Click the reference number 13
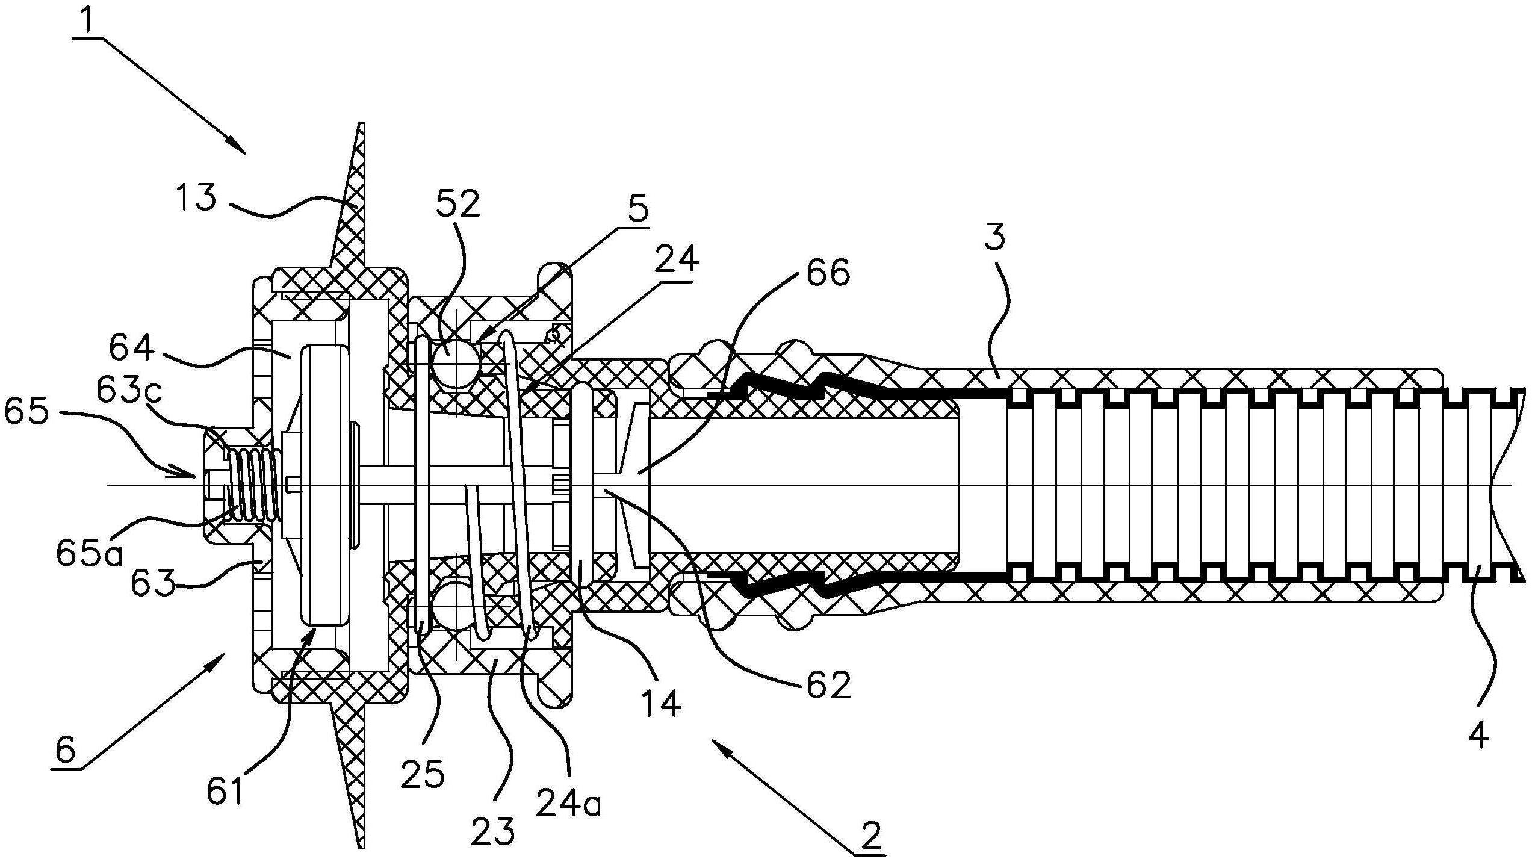click(196, 199)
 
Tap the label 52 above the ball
click(458, 205)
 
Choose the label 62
click(828, 686)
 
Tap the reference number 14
click(661, 702)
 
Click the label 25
click(423, 775)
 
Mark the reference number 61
click(225, 791)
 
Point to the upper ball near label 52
click(456, 364)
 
